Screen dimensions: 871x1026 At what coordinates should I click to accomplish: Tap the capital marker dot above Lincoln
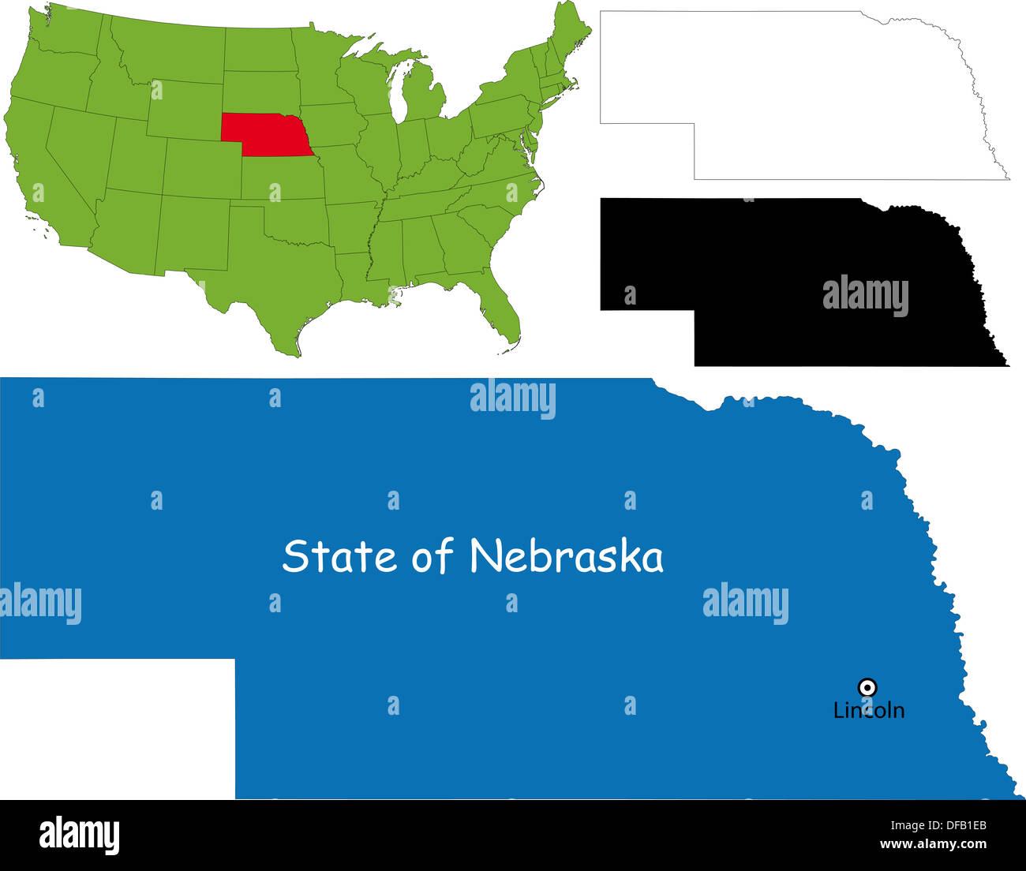(867, 687)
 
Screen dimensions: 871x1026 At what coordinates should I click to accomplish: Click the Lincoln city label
(869, 710)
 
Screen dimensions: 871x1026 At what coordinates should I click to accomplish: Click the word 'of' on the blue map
(432, 556)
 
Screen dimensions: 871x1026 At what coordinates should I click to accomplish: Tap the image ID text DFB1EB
(957, 826)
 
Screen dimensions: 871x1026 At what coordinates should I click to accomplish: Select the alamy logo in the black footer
(79, 835)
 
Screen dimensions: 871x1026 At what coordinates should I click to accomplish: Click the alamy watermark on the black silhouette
(865, 296)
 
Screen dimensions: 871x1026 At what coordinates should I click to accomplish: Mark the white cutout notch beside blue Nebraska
(117, 727)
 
